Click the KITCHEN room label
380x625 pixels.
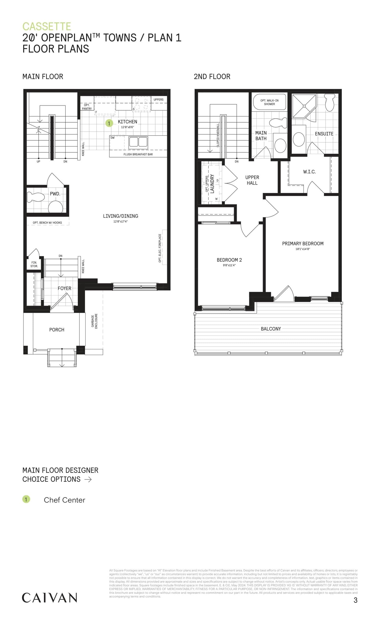pos(127,122)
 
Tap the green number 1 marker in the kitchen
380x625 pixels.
pos(109,123)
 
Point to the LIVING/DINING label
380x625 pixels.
pos(120,216)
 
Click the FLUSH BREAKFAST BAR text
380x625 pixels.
pos(138,154)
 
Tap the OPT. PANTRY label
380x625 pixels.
pos(87,107)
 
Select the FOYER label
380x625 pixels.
pos(64,288)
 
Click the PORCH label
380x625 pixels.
pos(57,330)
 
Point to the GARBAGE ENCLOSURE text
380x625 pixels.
pos(94,321)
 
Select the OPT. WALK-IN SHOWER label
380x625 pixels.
pos(269,102)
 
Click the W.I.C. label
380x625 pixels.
pos(309,172)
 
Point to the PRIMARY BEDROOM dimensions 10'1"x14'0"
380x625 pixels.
pos(302,249)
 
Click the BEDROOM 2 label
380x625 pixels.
pos(229,260)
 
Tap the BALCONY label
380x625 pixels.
pos(271,329)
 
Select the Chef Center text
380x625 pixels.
pos(64,500)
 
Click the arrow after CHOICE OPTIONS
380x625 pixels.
pos(88,479)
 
